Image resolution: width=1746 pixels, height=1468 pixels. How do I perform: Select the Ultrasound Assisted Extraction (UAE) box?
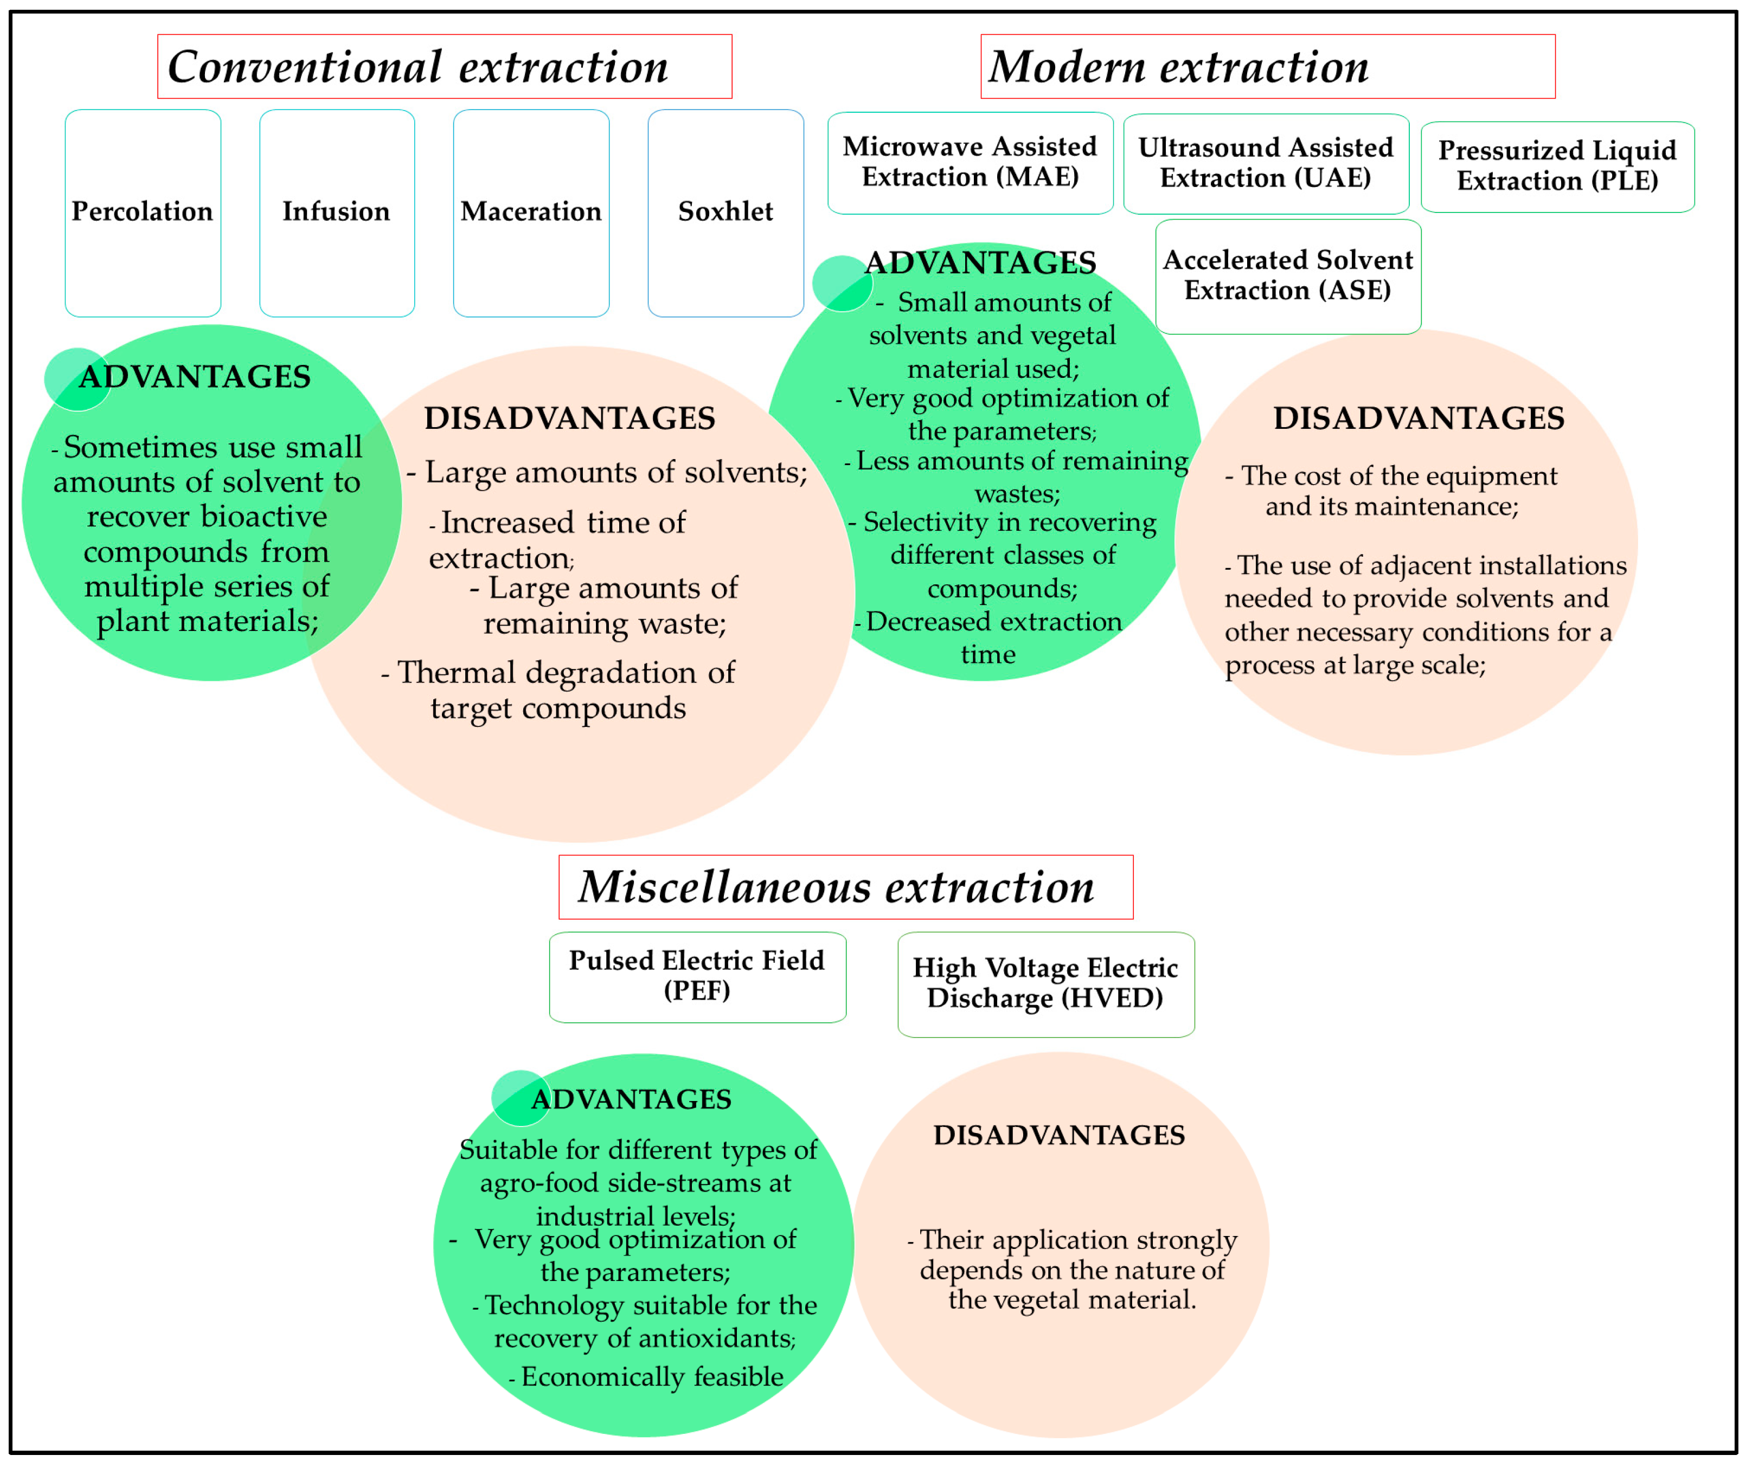point(1266,163)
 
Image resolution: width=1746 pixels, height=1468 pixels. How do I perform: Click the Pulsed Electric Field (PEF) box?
point(697,976)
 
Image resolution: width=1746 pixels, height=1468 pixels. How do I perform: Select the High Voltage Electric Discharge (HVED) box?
point(1045,984)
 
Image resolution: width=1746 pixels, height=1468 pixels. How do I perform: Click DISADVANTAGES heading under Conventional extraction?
point(570,418)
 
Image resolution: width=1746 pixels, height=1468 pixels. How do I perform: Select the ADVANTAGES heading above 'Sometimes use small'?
point(195,377)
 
